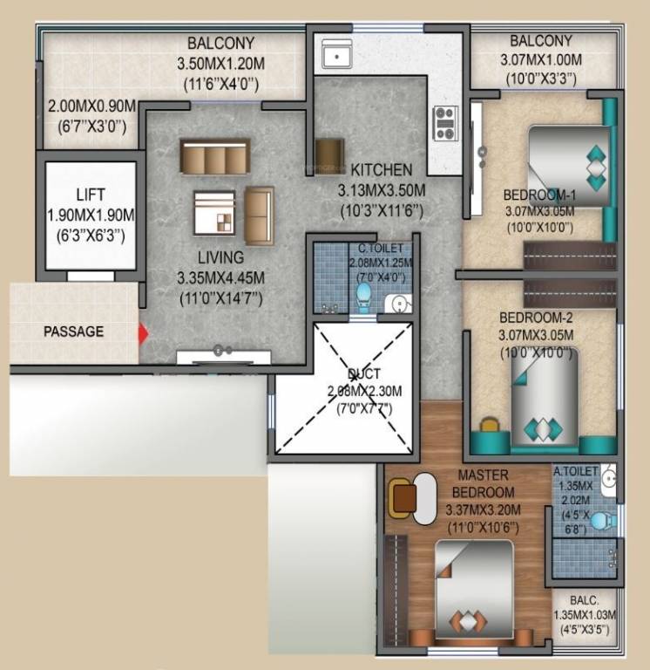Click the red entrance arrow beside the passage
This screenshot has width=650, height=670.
(144, 333)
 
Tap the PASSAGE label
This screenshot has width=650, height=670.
(74, 332)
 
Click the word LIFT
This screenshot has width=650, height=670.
(91, 194)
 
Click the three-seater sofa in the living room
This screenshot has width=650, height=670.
(214, 157)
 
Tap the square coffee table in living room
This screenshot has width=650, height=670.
(214, 212)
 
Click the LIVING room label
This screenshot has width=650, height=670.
(220, 258)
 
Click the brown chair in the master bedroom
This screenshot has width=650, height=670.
(403, 498)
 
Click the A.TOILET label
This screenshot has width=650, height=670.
(575, 473)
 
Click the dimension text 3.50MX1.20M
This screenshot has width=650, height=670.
(220, 64)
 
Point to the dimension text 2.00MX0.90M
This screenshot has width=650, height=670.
(91, 106)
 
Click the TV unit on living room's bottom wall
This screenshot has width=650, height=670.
(224, 356)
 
